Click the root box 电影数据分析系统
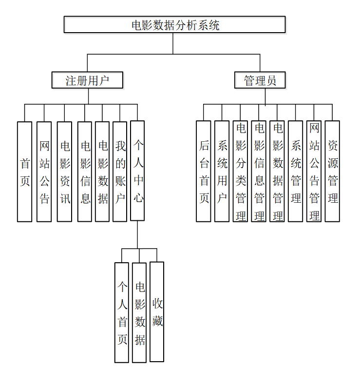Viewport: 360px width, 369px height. coord(174,25)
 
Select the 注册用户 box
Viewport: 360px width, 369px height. coord(87,80)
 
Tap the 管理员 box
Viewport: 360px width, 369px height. coord(260,80)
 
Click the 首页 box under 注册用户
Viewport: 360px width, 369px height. coord(24,172)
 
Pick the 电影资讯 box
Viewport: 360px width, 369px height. coord(64,172)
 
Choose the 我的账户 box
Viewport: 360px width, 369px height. coord(120,172)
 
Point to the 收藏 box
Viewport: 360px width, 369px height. coord(157,312)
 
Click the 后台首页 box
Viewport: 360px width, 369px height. coord(204,172)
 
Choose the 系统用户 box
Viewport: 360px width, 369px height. coord(222,172)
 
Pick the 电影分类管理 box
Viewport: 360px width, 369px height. coord(240,172)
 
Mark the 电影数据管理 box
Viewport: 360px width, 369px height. coord(277,172)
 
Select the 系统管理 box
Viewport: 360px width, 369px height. coord(296,172)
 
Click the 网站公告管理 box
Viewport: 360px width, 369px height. coord(314,172)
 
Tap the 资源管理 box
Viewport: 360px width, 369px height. coord(333,172)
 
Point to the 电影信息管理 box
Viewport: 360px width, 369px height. coord(259,172)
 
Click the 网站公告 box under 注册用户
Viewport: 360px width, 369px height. coord(44,172)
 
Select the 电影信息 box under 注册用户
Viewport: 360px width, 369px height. coord(85,172)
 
